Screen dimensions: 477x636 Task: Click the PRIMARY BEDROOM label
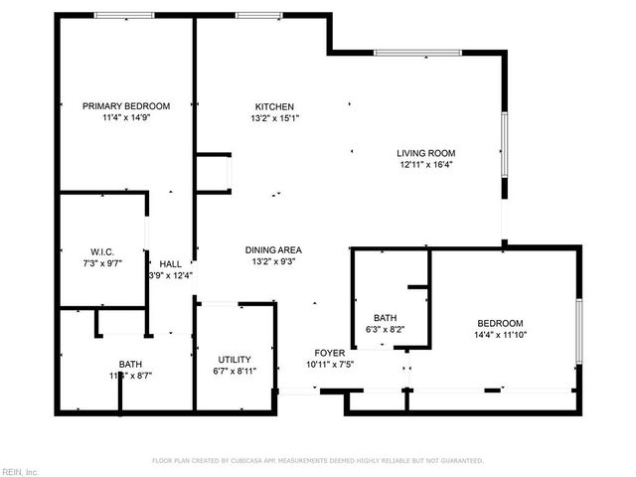click(126, 106)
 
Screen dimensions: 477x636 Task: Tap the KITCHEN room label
click(274, 106)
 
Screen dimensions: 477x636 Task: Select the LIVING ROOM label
click(425, 153)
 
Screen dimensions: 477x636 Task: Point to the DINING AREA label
click(274, 249)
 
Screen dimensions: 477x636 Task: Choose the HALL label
click(171, 263)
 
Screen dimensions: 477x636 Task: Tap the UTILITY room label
click(235, 360)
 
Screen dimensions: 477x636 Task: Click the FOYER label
click(330, 353)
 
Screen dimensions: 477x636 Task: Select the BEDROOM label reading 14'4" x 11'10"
click(500, 323)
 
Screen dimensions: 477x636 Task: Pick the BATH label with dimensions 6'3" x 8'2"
click(386, 318)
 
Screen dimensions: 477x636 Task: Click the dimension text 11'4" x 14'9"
click(126, 117)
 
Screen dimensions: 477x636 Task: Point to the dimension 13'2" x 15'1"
click(274, 117)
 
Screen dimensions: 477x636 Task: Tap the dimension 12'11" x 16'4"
click(425, 165)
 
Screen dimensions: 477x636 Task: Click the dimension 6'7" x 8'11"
click(235, 372)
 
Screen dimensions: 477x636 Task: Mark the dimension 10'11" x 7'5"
click(330, 365)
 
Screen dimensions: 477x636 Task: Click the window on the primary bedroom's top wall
click(124, 15)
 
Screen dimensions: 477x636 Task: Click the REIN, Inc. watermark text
click(20, 471)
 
